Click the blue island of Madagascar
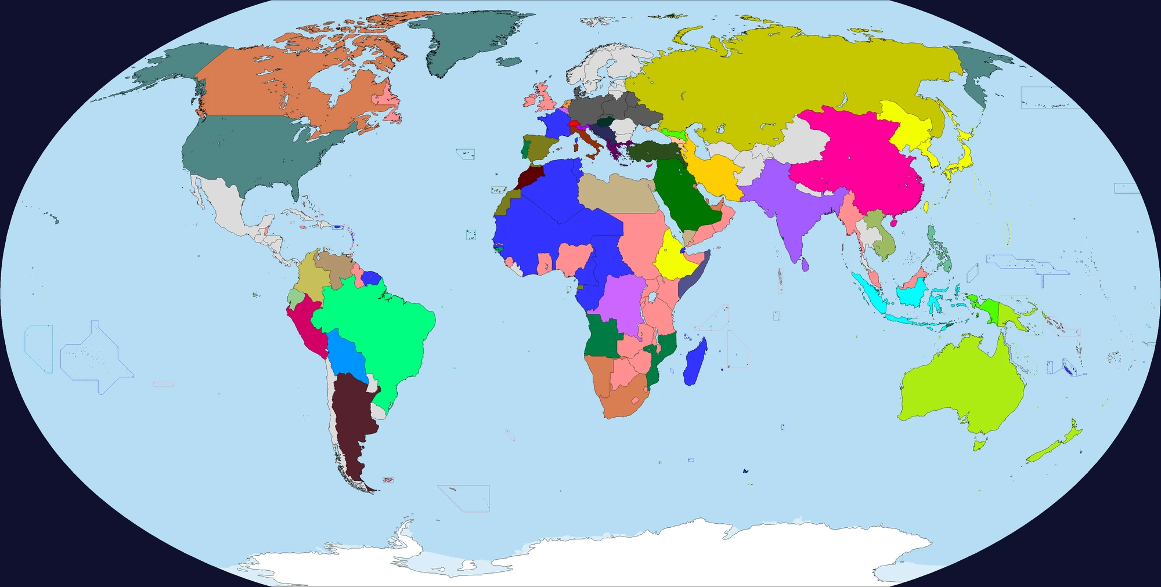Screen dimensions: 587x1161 pyautogui.click(x=695, y=363)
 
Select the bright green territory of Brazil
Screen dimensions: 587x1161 pyautogui.click(x=377, y=325)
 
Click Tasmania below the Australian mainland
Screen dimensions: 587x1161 pyautogui.click(x=980, y=445)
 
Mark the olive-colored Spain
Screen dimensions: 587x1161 pyautogui.click(x=539, y=148)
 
